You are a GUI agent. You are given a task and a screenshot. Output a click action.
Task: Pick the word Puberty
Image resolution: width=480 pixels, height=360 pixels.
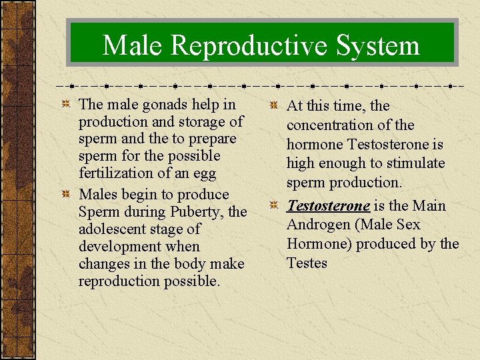click(x=193, y=212)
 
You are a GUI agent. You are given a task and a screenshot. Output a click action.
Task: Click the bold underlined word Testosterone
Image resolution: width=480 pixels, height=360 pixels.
click(x=328, y=205)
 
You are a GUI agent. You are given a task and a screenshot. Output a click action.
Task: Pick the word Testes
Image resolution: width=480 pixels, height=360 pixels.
click(x=307, y=263)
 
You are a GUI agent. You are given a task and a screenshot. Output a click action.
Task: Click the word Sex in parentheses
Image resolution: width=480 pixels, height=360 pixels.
click(x=406, y=225)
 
